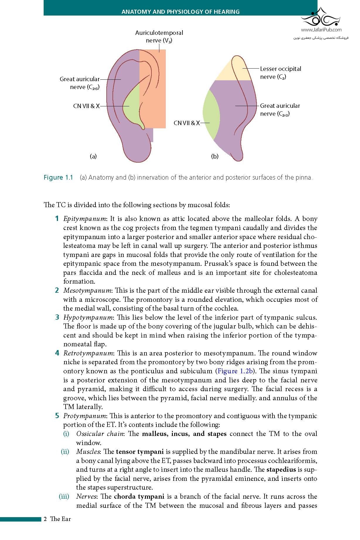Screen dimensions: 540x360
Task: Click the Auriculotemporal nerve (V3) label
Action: click(159, 37)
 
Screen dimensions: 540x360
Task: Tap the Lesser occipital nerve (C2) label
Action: click(280, 73)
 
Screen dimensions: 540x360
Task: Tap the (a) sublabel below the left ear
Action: click(93, 156)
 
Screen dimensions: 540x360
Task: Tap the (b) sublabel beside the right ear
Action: click(215, 156)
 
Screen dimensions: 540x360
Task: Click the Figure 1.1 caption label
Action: click(58, 178)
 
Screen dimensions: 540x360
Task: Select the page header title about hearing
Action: click(180, 12)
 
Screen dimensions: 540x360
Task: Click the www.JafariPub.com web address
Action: click(321, 30)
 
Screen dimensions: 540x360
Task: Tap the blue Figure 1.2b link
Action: click(235, 371)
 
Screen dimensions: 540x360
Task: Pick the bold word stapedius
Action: click(281, 470)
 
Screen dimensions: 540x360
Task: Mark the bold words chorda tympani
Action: click(139, 497)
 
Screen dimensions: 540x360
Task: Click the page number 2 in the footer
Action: click(45, 519)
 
